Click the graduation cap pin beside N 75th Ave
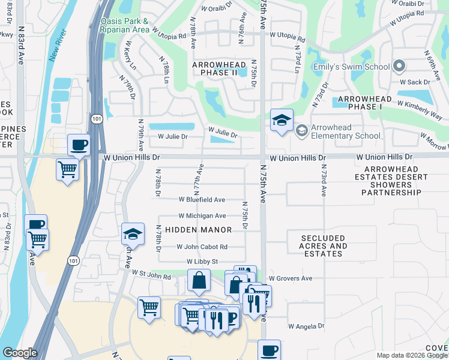point(281,121)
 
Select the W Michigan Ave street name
point(202,215)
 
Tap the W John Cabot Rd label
point(202,247)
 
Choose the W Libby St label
point(202,262)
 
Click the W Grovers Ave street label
point(291,278)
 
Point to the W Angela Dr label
point(306,326)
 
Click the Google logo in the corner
point(20,353)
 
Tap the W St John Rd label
point(151,275)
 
